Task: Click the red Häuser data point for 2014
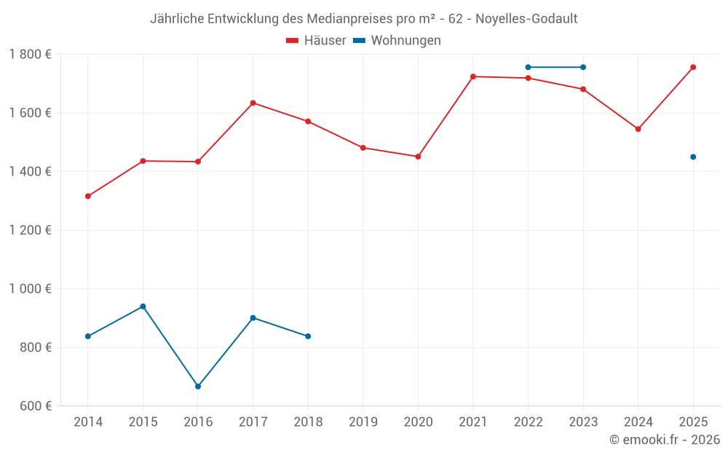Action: click(x=88, y=196)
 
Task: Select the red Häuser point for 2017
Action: click(x=253, y=103)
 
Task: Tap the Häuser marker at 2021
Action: click(x=473, y=76)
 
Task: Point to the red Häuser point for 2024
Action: click(x=638, y=129)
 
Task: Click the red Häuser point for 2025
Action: click(x=693, y=67)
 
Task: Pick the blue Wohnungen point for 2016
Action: click(x=198, y=387)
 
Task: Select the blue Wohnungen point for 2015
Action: click(x=143, y=306)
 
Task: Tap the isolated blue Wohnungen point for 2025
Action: click(x=693, y=157)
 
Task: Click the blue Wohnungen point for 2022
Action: click(x=528, y=67)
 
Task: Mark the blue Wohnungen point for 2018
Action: click(x=308, y=336)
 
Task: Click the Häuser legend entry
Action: click(x=316, y=41)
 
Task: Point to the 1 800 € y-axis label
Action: click(x=30, y=55)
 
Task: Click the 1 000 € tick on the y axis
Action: click(x=30, y=288)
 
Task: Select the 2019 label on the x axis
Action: click(x=363, y=422)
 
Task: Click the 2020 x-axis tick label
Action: click(x=418, y=422)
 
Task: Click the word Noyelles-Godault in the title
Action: click(x=527, y=19)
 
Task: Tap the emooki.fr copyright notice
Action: click(x=664, y=440)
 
